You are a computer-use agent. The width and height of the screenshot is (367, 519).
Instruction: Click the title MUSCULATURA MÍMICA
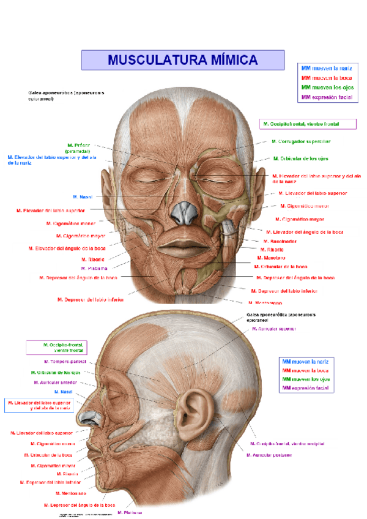click(183, 60)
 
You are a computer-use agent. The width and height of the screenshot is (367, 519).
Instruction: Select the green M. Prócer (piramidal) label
click(79, 148)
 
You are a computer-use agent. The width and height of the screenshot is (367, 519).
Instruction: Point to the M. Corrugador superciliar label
click(300, 141)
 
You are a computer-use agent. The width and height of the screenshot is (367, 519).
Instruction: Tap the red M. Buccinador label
click(281, 241)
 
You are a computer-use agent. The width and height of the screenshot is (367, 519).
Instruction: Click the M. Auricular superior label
click(273, 329)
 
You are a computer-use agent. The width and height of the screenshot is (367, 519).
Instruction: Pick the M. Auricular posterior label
click(269, 455)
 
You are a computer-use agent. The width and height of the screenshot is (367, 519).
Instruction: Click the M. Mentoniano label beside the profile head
click(71, 493)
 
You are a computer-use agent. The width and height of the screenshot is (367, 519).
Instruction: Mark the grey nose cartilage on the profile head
click(85, 418)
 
